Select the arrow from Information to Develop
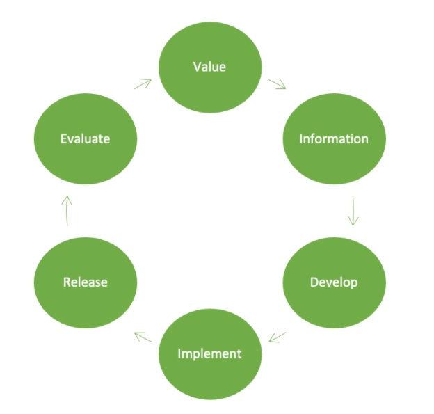tap(353, 210)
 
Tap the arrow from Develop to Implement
tap(277, 337)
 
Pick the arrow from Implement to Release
tap(143, 337)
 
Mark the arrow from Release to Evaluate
tap(67, 210)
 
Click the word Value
tap(210, 67)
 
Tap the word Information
tap(334, 138)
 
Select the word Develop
tap(334, 282)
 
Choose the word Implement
tap(209, 353)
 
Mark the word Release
tap(86, 282)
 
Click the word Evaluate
tap(86, 138)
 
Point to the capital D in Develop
tap(314, 282)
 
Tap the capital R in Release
tap(67, 282)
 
